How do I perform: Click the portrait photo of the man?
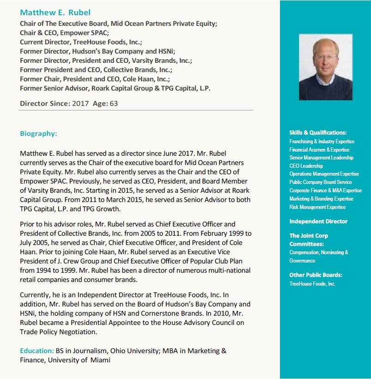(325, 67)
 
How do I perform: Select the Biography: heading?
(38, 134)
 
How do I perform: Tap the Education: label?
(36, 351)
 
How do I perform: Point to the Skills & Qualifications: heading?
(318, 133)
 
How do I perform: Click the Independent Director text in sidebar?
(318, 221)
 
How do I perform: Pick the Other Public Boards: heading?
(316, 275)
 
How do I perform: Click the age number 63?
(114, 104)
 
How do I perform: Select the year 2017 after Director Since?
(81, 104)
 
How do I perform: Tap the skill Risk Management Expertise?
(317, 207)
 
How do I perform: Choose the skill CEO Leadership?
(306, 166)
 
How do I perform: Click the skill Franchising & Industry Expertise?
(322, 141)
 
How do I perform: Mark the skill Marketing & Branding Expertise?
(321, 199)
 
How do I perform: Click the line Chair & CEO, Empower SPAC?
(64, 33)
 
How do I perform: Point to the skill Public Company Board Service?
(320, 182)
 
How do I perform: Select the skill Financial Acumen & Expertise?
(319, 150)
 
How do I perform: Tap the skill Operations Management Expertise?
(324, 174)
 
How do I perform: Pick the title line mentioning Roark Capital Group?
(115, 88)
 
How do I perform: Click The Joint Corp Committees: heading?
(309, 239)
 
